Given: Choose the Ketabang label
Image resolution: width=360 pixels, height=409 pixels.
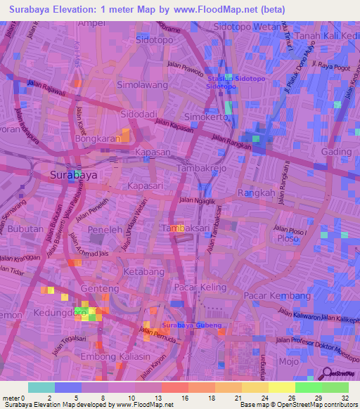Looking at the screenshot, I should click(144, 271).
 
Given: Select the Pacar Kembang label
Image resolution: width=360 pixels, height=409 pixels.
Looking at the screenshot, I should click(278, 296).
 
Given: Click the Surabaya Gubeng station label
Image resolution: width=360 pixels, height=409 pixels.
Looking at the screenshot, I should click(191, 326).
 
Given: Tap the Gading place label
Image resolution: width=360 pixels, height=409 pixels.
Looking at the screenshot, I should click(335, 152).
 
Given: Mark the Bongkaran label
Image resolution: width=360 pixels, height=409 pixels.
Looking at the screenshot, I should click(95, 139).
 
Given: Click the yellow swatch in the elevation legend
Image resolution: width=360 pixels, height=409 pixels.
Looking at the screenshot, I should click(281, 387).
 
